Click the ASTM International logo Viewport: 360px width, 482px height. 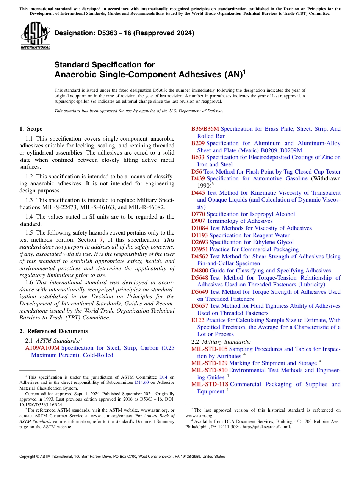(x=35, y=36)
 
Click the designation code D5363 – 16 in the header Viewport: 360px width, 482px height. (x=124, y=33)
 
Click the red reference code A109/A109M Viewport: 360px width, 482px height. (x=42, y=348)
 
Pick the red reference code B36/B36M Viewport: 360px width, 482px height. (x=205, y=129)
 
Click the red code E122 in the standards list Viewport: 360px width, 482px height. (x=197, y=320)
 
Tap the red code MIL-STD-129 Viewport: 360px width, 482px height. (x=209, y=363)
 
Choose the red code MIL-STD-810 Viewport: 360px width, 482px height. (x=209, y=370)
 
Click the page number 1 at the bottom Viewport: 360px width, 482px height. (x=180, y=466)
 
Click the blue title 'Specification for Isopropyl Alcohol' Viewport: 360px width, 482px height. (x=250, y=214)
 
